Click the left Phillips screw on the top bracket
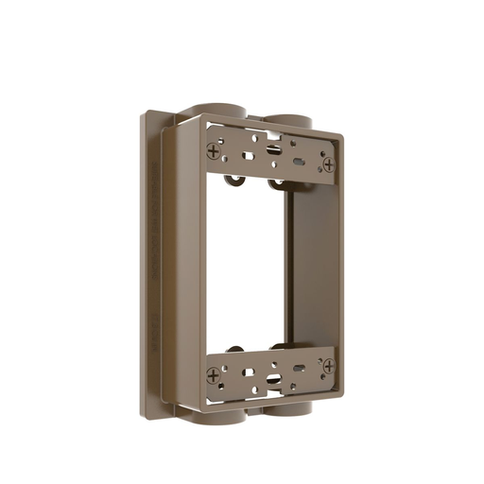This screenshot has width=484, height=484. [216, 148]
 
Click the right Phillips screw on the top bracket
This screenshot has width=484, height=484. [328, 164]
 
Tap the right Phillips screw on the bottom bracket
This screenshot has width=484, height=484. [328, 365]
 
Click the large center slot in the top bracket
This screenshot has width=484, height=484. [273, 149]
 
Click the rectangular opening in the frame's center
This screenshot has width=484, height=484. [246, 265]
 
